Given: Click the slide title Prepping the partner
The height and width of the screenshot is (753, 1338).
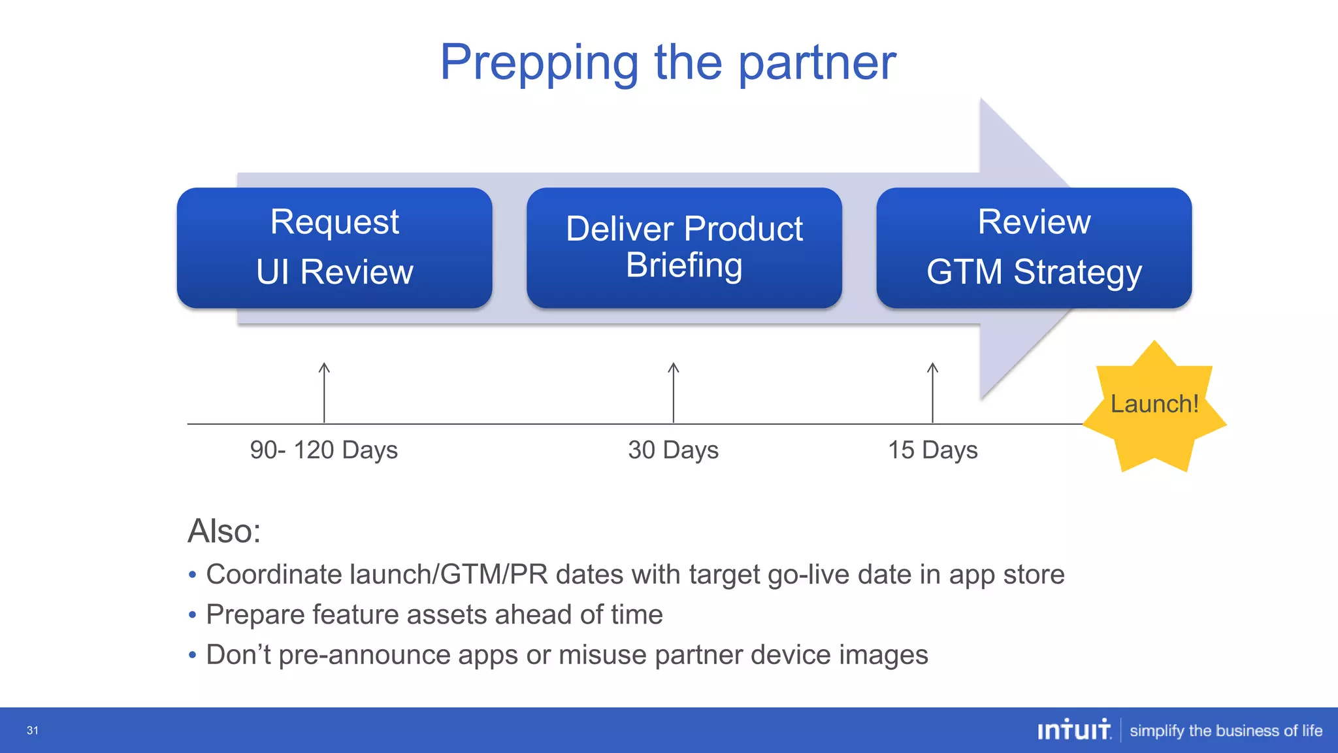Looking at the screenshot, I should point(668,62).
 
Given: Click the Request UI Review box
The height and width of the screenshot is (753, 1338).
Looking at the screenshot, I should point(334,248).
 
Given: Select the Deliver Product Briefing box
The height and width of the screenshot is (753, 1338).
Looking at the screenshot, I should point(684,248).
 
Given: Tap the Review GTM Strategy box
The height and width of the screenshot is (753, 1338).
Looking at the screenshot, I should point(1034,248).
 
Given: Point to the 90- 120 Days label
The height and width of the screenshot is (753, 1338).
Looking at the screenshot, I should point(323,450).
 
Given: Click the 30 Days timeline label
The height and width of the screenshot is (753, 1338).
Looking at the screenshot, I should point(673,450).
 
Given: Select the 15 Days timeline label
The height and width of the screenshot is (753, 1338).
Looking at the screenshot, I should point(932,450).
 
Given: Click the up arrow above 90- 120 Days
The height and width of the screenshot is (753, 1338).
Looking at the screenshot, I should point(324,392).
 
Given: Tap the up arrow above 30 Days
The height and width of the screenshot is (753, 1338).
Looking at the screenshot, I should point(674,392).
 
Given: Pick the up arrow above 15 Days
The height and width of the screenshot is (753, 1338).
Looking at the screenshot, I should point(933,392).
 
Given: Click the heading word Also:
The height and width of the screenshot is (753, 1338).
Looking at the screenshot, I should point(224,531).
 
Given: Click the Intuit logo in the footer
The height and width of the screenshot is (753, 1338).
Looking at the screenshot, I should point(1074,729).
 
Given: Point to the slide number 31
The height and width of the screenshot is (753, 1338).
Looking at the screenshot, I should point(33,731).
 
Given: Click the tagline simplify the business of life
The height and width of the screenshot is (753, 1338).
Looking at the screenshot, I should point(1226,731).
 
